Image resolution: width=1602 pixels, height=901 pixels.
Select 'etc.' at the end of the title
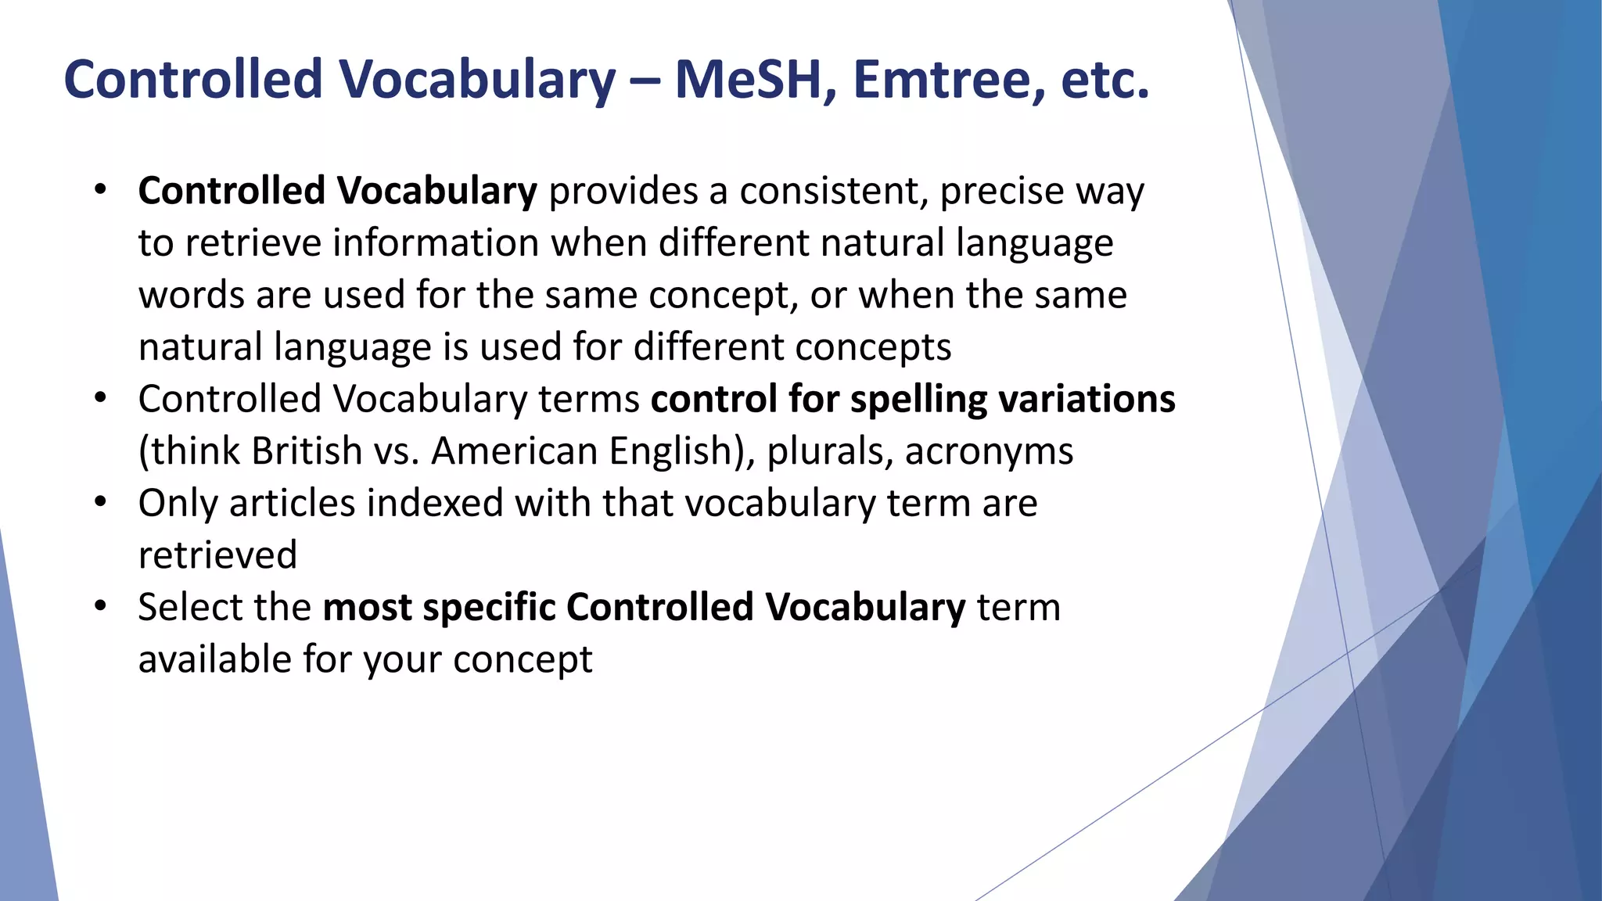(x=1105, y=80)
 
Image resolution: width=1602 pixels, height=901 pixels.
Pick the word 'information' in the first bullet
(x=440, y=242)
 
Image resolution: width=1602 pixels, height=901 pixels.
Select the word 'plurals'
(x=829, y=452)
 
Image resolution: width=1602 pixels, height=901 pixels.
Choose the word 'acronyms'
(x=989, y=452)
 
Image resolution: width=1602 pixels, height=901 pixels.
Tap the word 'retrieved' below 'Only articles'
(x=217, y=555)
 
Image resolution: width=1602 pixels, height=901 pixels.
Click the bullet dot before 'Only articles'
(x=100, y=502)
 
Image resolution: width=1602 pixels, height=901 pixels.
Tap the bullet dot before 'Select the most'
(x=100, y=606)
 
